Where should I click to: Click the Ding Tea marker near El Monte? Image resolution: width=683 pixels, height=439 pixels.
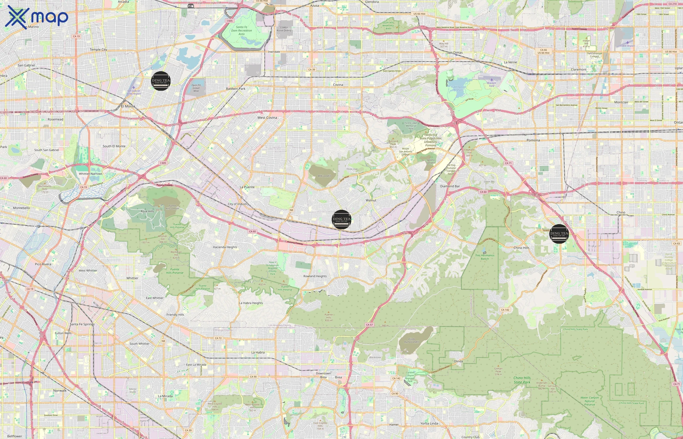coord(161,81)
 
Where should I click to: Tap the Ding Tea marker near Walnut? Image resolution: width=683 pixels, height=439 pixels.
coord(341,219)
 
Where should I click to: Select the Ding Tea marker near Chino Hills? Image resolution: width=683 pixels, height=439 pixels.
coord(559,233)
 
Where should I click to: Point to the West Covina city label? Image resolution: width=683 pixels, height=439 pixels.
coord(267,118)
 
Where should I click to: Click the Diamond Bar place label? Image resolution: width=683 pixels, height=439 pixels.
coord(450,186)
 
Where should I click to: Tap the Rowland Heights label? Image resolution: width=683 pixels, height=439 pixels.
coord(315,276)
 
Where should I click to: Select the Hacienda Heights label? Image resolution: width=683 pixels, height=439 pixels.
coord(225,247)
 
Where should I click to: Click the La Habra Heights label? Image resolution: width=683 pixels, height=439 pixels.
coord(251,303)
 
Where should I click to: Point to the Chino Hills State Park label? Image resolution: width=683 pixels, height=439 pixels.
coord(522,380)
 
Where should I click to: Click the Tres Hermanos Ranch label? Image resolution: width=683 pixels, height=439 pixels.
coord(485,257)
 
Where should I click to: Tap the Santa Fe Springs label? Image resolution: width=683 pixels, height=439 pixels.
coord(82,324)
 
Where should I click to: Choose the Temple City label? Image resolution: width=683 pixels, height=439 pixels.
coord(98,49)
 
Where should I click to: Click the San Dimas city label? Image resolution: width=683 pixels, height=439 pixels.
coord(455,52)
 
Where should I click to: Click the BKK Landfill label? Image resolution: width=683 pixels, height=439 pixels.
coord(324,176)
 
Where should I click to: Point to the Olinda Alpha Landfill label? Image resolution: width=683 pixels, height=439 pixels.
coord(411,340)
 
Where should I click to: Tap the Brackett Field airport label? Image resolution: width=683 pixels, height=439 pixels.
coord(492,84)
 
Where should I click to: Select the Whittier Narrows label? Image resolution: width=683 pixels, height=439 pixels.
coord(90,174)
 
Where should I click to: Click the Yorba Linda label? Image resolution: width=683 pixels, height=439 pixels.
coord(429,423)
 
